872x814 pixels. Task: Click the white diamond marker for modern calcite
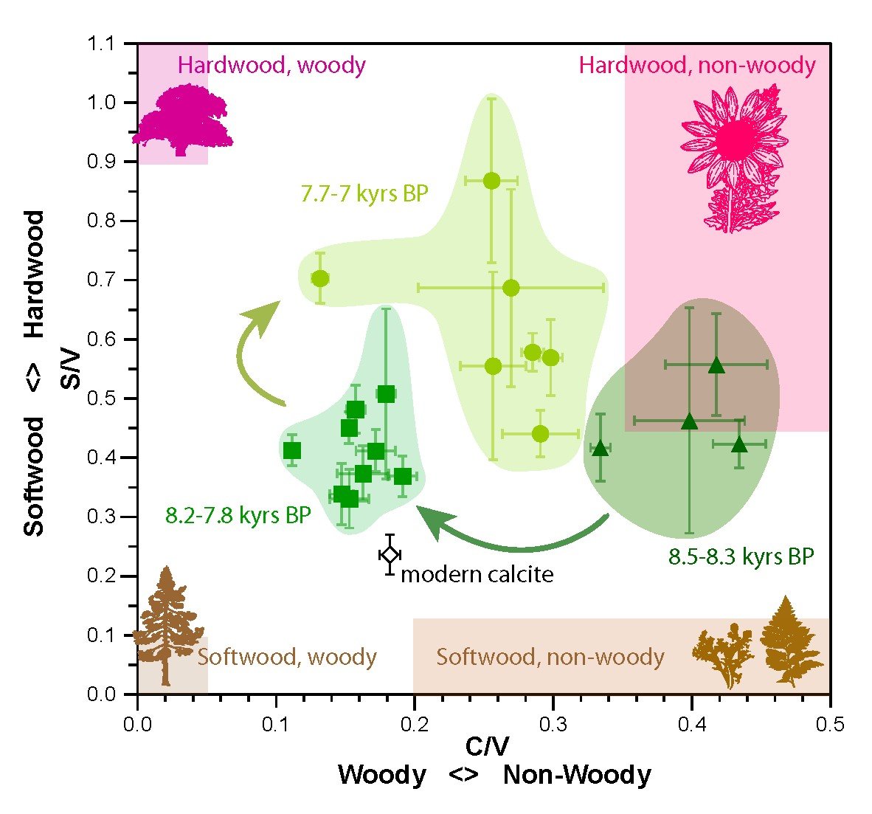coord(390,554)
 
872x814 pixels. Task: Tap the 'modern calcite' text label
coord(477,574)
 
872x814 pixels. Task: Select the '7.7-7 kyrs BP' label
coord(364,194)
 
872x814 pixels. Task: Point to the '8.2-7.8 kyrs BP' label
coord(238,515)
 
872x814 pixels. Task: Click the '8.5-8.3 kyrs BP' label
coord(741,556)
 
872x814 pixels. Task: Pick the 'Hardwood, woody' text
coord(271,65)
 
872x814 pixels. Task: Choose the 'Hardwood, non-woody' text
coord(697,65)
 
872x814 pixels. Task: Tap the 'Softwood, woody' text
coord(287,656)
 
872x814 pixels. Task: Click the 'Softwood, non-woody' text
coord(550,656)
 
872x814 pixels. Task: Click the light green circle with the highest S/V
coord(491,181)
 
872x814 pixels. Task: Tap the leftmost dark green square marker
coord(292,450)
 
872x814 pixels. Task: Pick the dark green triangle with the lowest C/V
coord(601,448)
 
